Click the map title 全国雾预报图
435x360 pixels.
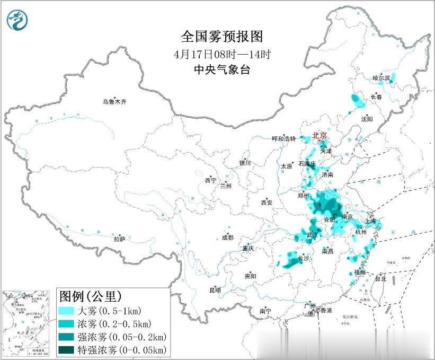click(x=221, y=37)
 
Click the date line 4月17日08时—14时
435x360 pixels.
click(x=222, y=54)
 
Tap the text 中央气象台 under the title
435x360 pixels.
click(x=221, y=69)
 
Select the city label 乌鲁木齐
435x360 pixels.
click(x=115, y=101)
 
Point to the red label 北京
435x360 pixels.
click(x=321, y=136)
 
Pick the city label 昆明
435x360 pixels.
click(x=215, y=289)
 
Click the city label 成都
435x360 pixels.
click(x=228, y=238)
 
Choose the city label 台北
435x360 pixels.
click(x=380, y=278)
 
